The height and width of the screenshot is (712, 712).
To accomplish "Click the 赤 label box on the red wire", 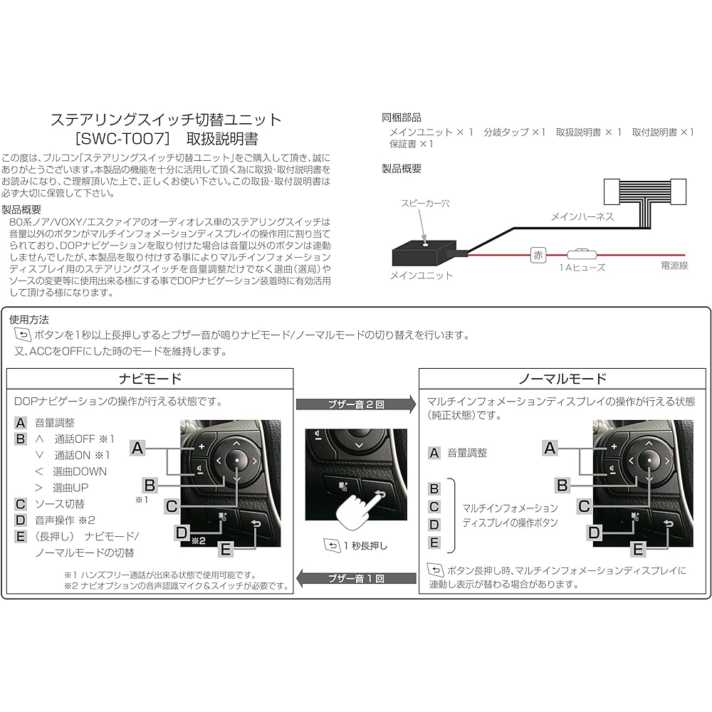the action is point(538,255).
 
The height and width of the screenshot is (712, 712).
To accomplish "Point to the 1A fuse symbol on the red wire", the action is point(582,254).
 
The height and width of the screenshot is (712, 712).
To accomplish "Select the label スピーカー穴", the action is point(425,204).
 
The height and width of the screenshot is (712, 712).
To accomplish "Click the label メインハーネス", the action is point(582,216).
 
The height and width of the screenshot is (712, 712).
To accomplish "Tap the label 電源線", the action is point(674,265).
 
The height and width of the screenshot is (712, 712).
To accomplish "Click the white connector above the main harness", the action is point(645,192).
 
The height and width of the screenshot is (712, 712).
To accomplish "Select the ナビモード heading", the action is point(150,379).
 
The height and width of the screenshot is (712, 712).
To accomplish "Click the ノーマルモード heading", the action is point(562,379).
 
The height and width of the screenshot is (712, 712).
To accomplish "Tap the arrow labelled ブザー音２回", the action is point(356,404).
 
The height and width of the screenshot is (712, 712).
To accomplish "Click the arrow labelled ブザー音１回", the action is point(356,578).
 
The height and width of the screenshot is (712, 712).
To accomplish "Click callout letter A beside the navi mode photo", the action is point(137,449).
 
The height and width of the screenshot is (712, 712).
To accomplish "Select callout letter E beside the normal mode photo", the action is point(638,550).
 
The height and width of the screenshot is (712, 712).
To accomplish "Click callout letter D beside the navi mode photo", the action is point(181,532).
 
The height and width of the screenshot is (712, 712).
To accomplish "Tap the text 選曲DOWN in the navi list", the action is point(80,471).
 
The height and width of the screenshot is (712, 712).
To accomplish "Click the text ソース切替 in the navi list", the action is point(60,504).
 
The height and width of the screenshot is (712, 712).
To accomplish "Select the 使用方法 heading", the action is point(29,320).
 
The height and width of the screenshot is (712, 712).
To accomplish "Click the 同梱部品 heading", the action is point(402,117).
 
